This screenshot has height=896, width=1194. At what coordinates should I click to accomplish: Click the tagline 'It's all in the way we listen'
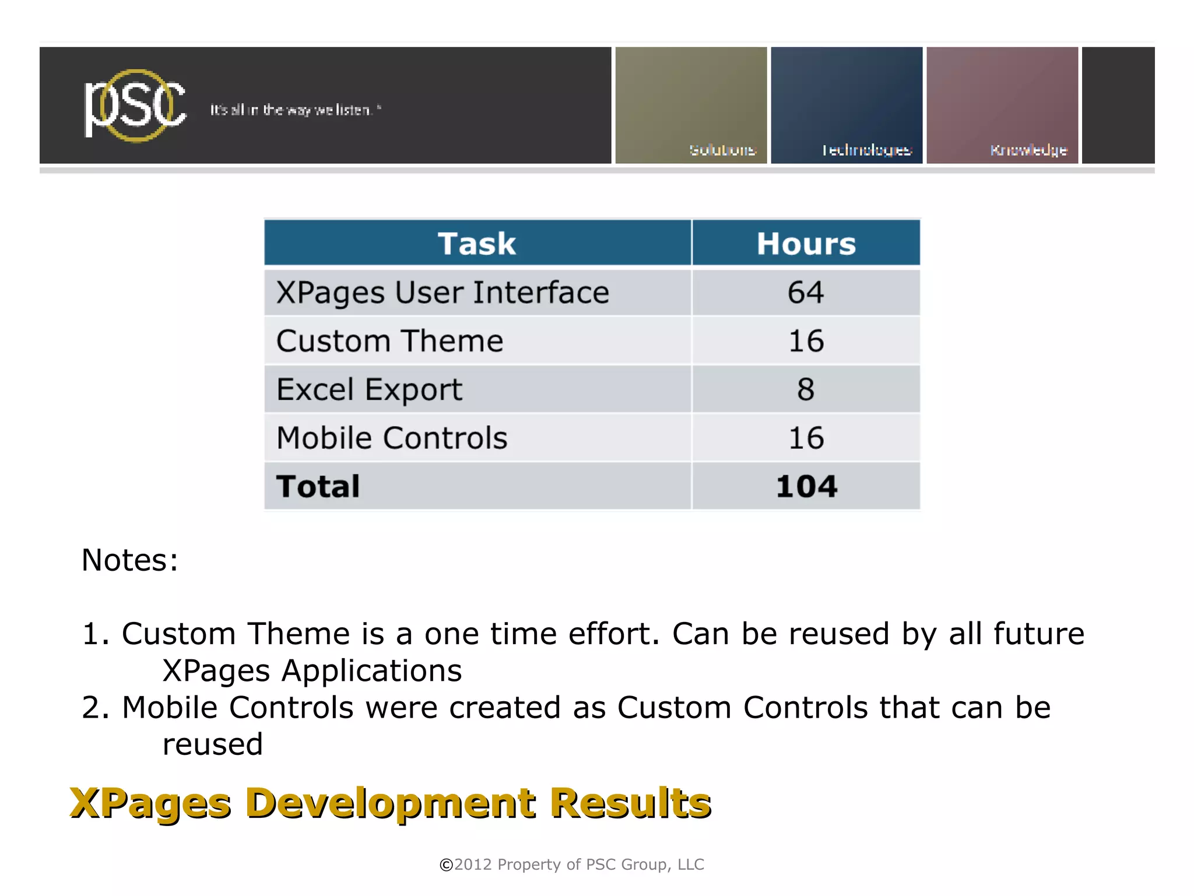coord(295,110)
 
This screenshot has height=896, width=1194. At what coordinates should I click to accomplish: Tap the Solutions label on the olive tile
coord(722,150)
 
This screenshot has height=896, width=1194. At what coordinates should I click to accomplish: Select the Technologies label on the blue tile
coord(866,150)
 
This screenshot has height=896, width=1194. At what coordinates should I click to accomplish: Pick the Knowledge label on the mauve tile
coord(1028,150)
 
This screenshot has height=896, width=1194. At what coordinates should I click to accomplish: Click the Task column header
coord(477,243)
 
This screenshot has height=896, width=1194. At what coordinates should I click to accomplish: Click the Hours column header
coord(806,243)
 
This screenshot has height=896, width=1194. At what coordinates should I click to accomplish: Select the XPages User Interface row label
coord(443,293)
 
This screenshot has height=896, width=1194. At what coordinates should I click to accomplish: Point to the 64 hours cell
coord(806,292)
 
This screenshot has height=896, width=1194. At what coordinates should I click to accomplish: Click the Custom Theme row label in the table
coord(389,341)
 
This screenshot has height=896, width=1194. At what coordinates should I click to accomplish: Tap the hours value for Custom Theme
coord(806,341)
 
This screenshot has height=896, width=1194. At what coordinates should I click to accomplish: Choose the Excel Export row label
coord(369,389)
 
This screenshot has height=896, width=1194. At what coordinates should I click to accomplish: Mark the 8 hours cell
coord(806,389)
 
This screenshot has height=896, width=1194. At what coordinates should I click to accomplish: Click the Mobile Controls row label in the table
coord(392,438)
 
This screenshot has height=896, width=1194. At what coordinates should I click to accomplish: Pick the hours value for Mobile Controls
coord(806,438)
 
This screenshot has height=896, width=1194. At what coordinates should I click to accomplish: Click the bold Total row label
coord(318,486)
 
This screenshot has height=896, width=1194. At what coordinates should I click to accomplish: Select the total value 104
coord(806,486)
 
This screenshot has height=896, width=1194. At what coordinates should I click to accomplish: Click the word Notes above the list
coord(129,560)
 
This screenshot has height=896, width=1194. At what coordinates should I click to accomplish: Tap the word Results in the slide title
coord(630,803)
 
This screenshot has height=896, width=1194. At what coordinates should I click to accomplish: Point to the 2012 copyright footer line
coord(571,864)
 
